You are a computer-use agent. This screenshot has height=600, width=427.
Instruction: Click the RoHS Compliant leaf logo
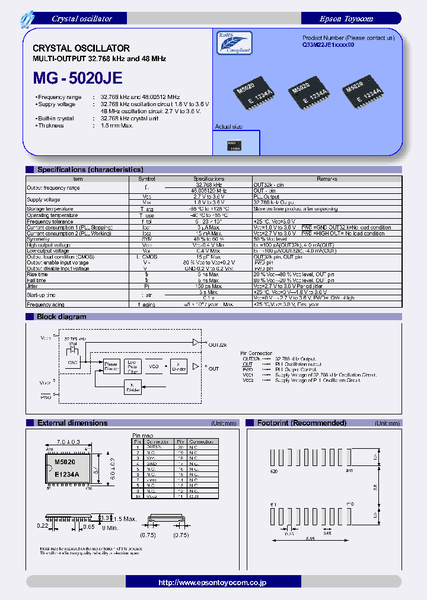click(x=232, y=43)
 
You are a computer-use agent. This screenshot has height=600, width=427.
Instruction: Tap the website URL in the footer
click(x=212, y=583)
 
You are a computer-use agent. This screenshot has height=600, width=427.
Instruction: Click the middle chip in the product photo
click(x=302, y=95)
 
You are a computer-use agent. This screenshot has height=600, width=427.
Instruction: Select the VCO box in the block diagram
click(x=154, y=366)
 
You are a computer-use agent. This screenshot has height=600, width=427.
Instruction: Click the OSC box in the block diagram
click(x=74, y=363)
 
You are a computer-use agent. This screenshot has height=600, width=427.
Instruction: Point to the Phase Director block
click(x=111, y=366)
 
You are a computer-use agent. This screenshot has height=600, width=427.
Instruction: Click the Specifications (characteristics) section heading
click(x=90, y=170)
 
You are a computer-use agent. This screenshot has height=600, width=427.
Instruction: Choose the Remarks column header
click(x=327, y=178)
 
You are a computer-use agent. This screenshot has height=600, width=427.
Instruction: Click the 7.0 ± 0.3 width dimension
click(x=68, y=442)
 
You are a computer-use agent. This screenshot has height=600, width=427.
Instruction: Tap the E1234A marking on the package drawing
click(x=65, y=475)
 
